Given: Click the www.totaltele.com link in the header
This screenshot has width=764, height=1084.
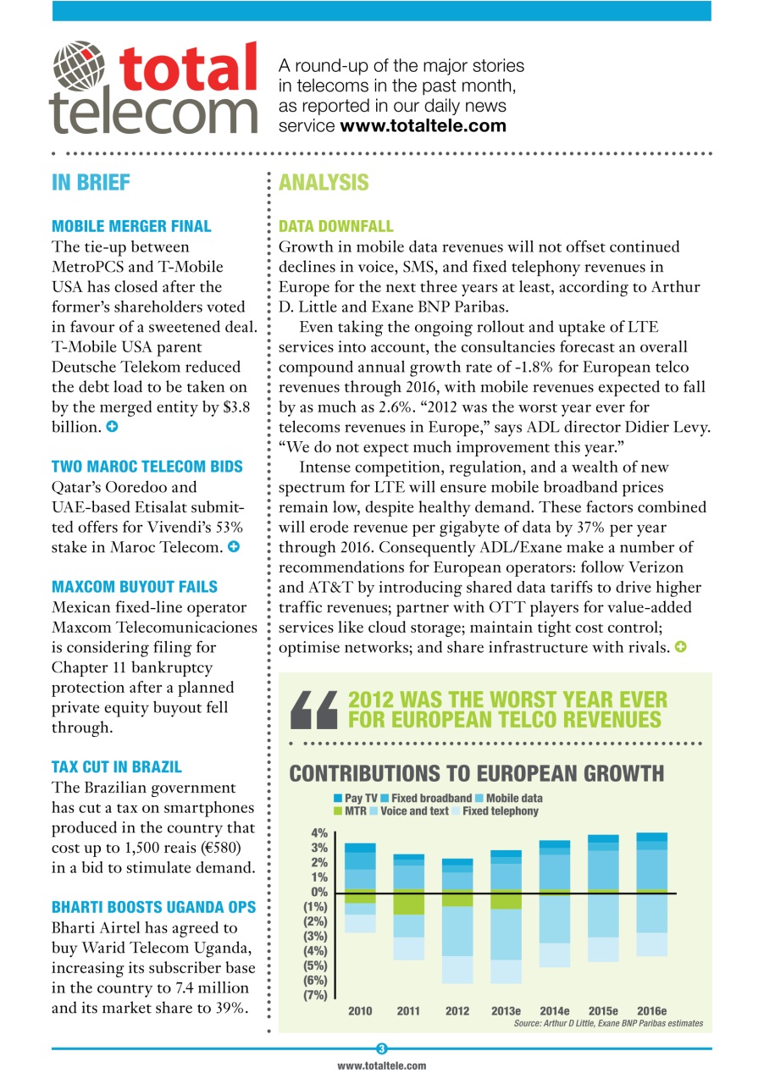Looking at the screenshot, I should pos(423,126).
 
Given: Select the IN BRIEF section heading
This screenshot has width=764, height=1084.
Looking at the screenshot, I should pos(91,182).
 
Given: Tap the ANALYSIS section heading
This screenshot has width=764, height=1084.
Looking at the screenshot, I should pos(324,182).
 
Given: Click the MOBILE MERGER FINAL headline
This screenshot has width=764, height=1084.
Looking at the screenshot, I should pos(131,226).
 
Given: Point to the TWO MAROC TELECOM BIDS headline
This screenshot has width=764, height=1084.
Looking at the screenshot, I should pos(147,466).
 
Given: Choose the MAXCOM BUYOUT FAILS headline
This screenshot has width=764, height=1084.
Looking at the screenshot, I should pos(134,586).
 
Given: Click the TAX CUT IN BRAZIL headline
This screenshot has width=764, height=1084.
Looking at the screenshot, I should pos(116,766).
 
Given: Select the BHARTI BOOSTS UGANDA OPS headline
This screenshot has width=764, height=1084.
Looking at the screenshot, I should pos(153,907).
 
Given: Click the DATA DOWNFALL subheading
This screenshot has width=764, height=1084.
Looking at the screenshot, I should pos(335,226).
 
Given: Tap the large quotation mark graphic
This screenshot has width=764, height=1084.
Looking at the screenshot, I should pos(313,710).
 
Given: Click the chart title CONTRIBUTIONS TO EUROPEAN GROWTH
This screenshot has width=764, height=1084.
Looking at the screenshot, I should pos(476,773).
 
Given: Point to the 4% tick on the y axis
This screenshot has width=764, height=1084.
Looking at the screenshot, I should pos(318,833).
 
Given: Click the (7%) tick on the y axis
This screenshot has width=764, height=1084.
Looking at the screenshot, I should pos(315,995).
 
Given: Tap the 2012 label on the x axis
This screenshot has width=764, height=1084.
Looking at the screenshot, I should pos(457,1011).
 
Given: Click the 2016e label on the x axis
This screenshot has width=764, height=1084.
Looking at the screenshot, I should pos(651,1011).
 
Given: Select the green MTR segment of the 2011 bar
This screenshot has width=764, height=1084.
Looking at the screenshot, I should pos(409,902).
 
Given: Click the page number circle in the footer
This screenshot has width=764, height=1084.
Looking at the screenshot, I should pos(382,1049).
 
